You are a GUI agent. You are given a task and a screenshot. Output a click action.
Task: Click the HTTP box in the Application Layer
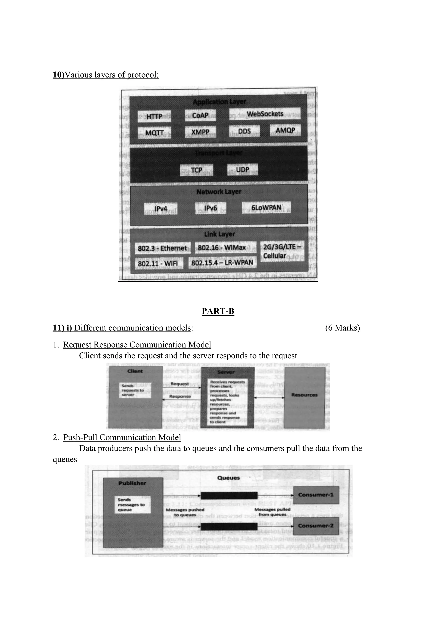(x=154, y=116)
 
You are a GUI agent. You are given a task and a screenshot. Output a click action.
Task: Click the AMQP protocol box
(x=285, y=130)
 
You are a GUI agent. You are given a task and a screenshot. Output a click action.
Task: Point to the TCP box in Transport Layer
(x=196, y=170)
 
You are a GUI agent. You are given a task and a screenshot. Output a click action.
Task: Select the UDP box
(x=242, y=170)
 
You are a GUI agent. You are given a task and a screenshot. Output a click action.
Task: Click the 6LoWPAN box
(x=266, y=208)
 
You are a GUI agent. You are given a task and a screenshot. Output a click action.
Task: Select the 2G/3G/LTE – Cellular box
(x=282, y=251)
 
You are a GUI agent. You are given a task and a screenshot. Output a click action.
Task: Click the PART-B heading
(x=218, y=311)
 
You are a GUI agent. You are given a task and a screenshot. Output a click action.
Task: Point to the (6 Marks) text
(x=342, y=328)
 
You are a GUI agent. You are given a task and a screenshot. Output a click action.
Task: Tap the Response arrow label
(x=180, y=396)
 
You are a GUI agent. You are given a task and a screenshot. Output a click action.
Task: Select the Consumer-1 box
(x=316, y=495)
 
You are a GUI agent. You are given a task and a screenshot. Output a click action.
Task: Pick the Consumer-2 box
(x=316, y=526)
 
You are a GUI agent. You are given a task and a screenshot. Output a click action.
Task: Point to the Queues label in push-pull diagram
(x=228, y=478)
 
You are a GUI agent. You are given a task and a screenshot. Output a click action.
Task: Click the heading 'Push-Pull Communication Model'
(x=122, y=437)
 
